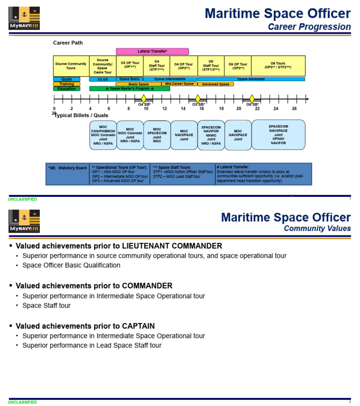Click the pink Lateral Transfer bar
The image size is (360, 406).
[x=152, y=51]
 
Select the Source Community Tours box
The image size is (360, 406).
[x=71, y=66]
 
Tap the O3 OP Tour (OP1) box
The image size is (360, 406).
[x=130, y=66]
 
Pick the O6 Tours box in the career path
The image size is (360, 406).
[x=278, y=66]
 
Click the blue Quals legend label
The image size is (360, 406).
[x=67, y=79]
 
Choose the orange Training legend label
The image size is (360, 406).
[x=67, y=84]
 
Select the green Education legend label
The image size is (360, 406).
[x=67, y=89]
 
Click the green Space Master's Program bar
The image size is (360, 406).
[x=129, y=89]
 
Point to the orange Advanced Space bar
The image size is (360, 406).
[x=216, y=84]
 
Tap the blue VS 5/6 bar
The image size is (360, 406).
[x=103, y=79]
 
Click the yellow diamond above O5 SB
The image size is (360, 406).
[x=198, y=98]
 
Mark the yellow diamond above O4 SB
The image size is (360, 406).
[x=144, y=98]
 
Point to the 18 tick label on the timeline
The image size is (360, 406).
[x=221, y=109]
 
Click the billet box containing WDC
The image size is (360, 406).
[x=157, y=135]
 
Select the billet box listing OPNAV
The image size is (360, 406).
[x=278, y=135]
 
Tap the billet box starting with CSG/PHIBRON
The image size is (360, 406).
[x=103, y=135]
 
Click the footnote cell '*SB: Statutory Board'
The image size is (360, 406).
[x=67, y=168]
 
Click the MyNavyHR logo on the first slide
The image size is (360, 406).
[x=24, y=18]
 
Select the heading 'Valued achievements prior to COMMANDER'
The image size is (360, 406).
[x=94, y=286]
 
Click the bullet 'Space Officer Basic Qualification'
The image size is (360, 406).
[x=71, y=265]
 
